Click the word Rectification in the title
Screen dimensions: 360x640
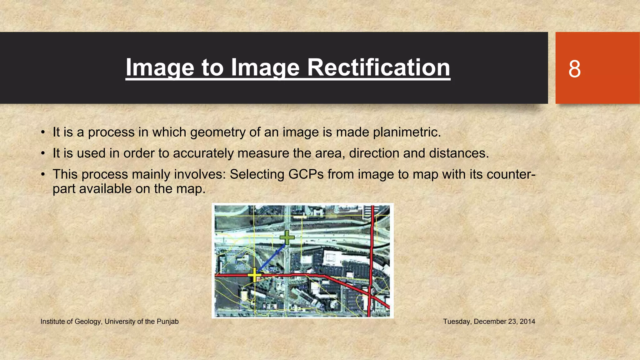pos(378,67)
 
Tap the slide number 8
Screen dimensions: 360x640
pos(574,69)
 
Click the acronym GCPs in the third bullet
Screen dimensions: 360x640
pos(306,174)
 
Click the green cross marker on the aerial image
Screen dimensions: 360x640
pos(287,237)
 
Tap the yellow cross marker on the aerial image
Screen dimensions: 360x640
pos(254,275)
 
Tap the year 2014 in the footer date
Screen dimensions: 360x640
pos(527,322)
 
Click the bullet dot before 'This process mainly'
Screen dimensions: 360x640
pos(43,174)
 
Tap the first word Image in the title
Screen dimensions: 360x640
pos(159,67)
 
